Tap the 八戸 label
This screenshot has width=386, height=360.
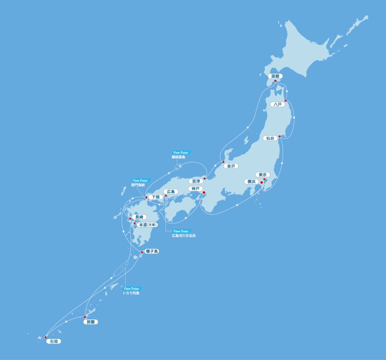[277, 105]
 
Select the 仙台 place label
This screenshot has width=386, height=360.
[270, 138]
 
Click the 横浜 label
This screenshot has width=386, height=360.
[250, 182]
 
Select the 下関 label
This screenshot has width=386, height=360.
[155, 198]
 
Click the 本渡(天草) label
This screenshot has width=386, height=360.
[148, 225]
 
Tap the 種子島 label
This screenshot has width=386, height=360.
[151, 251]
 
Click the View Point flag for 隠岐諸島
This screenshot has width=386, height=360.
[181, 152]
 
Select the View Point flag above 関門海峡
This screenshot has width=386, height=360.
[141, 181]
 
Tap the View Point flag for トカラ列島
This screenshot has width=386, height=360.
[133, 289]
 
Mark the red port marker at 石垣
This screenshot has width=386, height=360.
[45, 337]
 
